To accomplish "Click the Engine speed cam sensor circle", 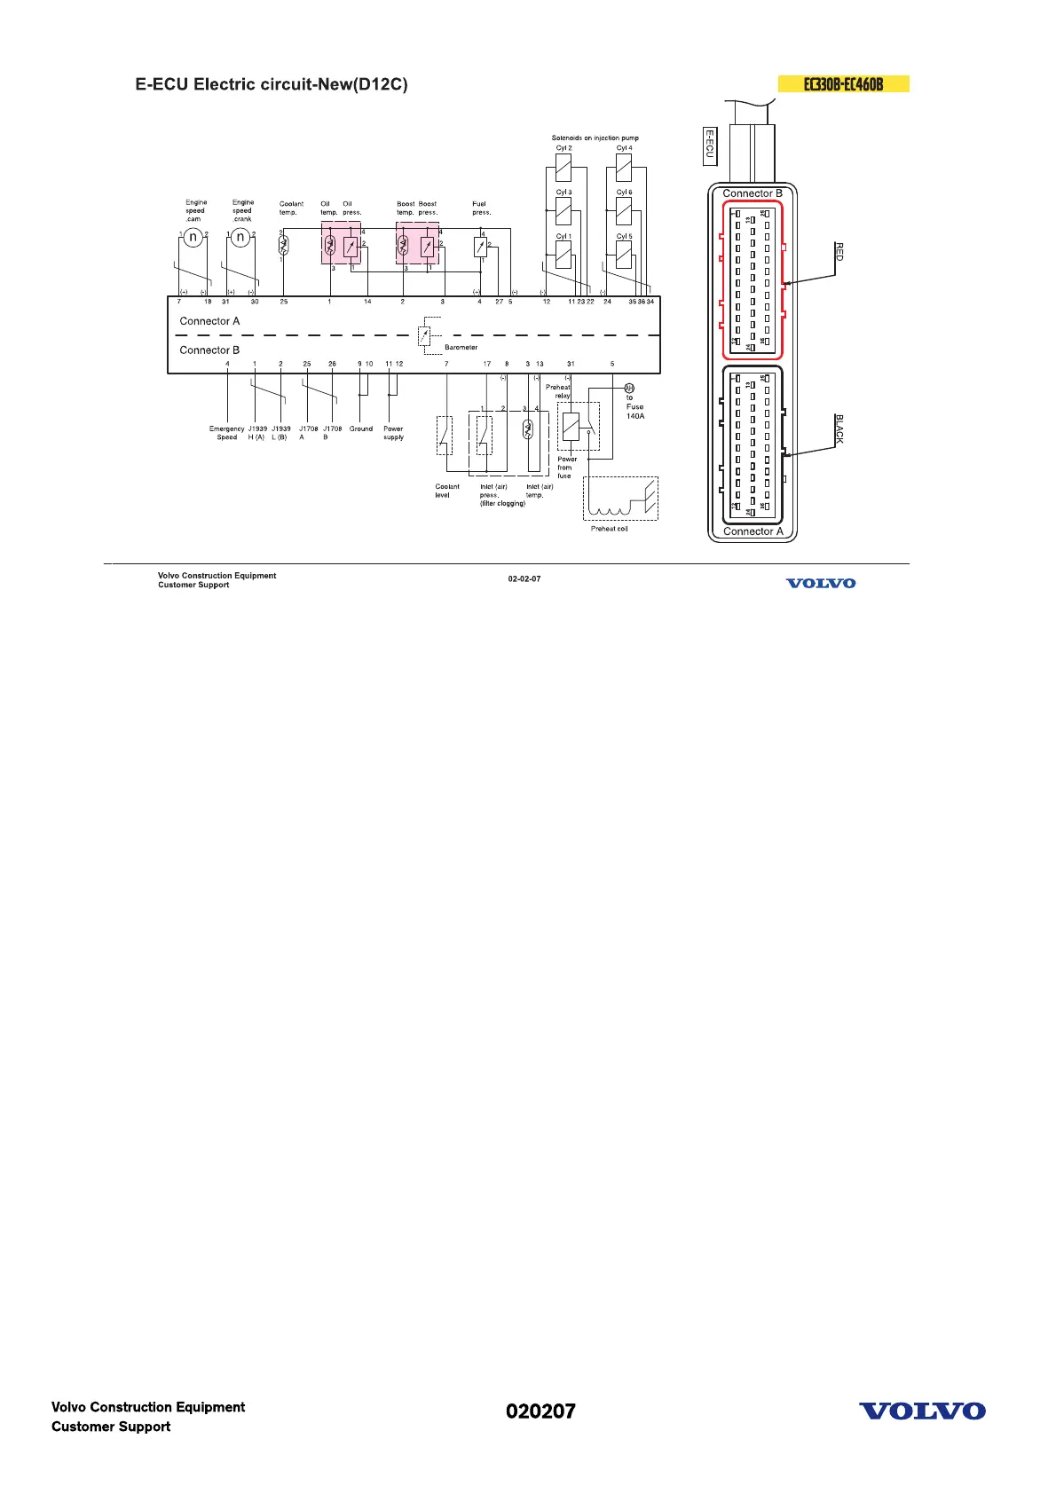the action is pos(193,237).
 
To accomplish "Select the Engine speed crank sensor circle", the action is pos(240,237).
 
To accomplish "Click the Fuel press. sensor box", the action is pos(480,247).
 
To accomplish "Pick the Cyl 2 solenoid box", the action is pos(563,167).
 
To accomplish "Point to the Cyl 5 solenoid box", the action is pos(624,256).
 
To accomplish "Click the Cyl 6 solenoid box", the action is pos(624,211).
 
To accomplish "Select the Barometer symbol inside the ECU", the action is pos(424,335).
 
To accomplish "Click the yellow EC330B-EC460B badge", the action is pos(843,84).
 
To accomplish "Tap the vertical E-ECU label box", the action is pos(709,145).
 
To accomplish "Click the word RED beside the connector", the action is pos(839,251).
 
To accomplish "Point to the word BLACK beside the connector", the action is pos(839,429).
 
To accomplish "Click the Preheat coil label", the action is pos(609,529).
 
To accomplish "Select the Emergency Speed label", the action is pos(227,433).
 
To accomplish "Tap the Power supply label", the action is pos(393,433).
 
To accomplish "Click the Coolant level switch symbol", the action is pos(445,436).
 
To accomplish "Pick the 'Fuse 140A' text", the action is pos(635,411).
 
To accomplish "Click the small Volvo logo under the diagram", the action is pos(821,583).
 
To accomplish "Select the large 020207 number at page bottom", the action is pos(540,1411).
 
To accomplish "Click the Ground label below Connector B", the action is pos(361,429).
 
